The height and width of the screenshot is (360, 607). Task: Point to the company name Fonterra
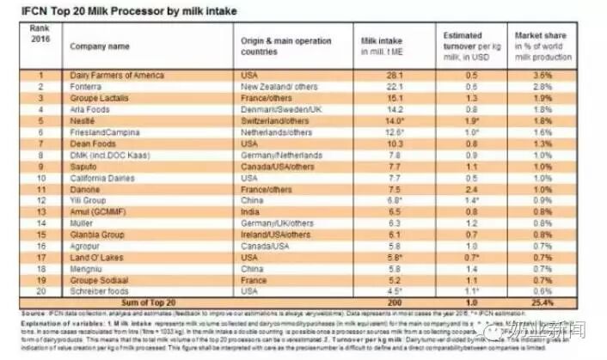(88, 87)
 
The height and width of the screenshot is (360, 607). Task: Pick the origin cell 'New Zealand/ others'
(280, 87)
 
